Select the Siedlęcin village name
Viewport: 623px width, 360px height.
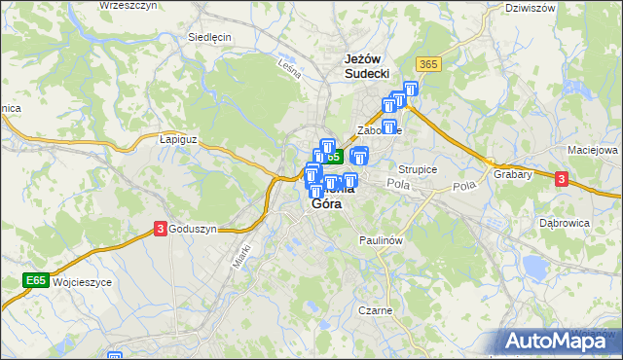[208, 37]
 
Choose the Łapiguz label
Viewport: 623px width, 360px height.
[178, 139]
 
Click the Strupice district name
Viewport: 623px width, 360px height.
[418, 168]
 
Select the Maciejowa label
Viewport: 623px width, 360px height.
[593, 151]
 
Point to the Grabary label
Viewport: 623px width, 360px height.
[512, 175]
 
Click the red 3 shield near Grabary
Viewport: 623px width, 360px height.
[562, 178]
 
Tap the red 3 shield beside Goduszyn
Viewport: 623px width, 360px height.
[160, 229]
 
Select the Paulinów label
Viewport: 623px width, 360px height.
[381, 239]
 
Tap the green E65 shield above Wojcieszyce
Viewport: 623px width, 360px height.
[36, 281]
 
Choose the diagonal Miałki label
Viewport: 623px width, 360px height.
[242, 255]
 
